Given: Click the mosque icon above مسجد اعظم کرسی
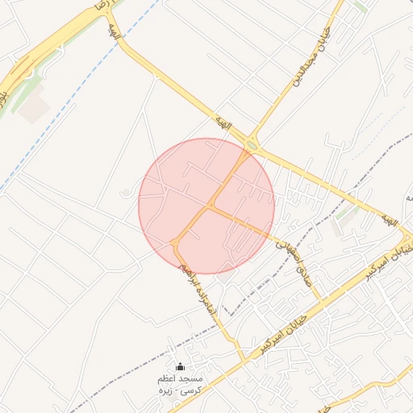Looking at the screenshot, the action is pos(179,368).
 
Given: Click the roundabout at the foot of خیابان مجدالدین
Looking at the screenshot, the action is pos(253,145).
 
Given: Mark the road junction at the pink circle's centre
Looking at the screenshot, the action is pos(209,206).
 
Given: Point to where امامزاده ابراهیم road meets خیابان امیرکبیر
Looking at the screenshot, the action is pos(244,360).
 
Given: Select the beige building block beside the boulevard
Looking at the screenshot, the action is pos(34,110).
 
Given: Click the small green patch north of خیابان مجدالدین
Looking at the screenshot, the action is pos(361,6).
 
